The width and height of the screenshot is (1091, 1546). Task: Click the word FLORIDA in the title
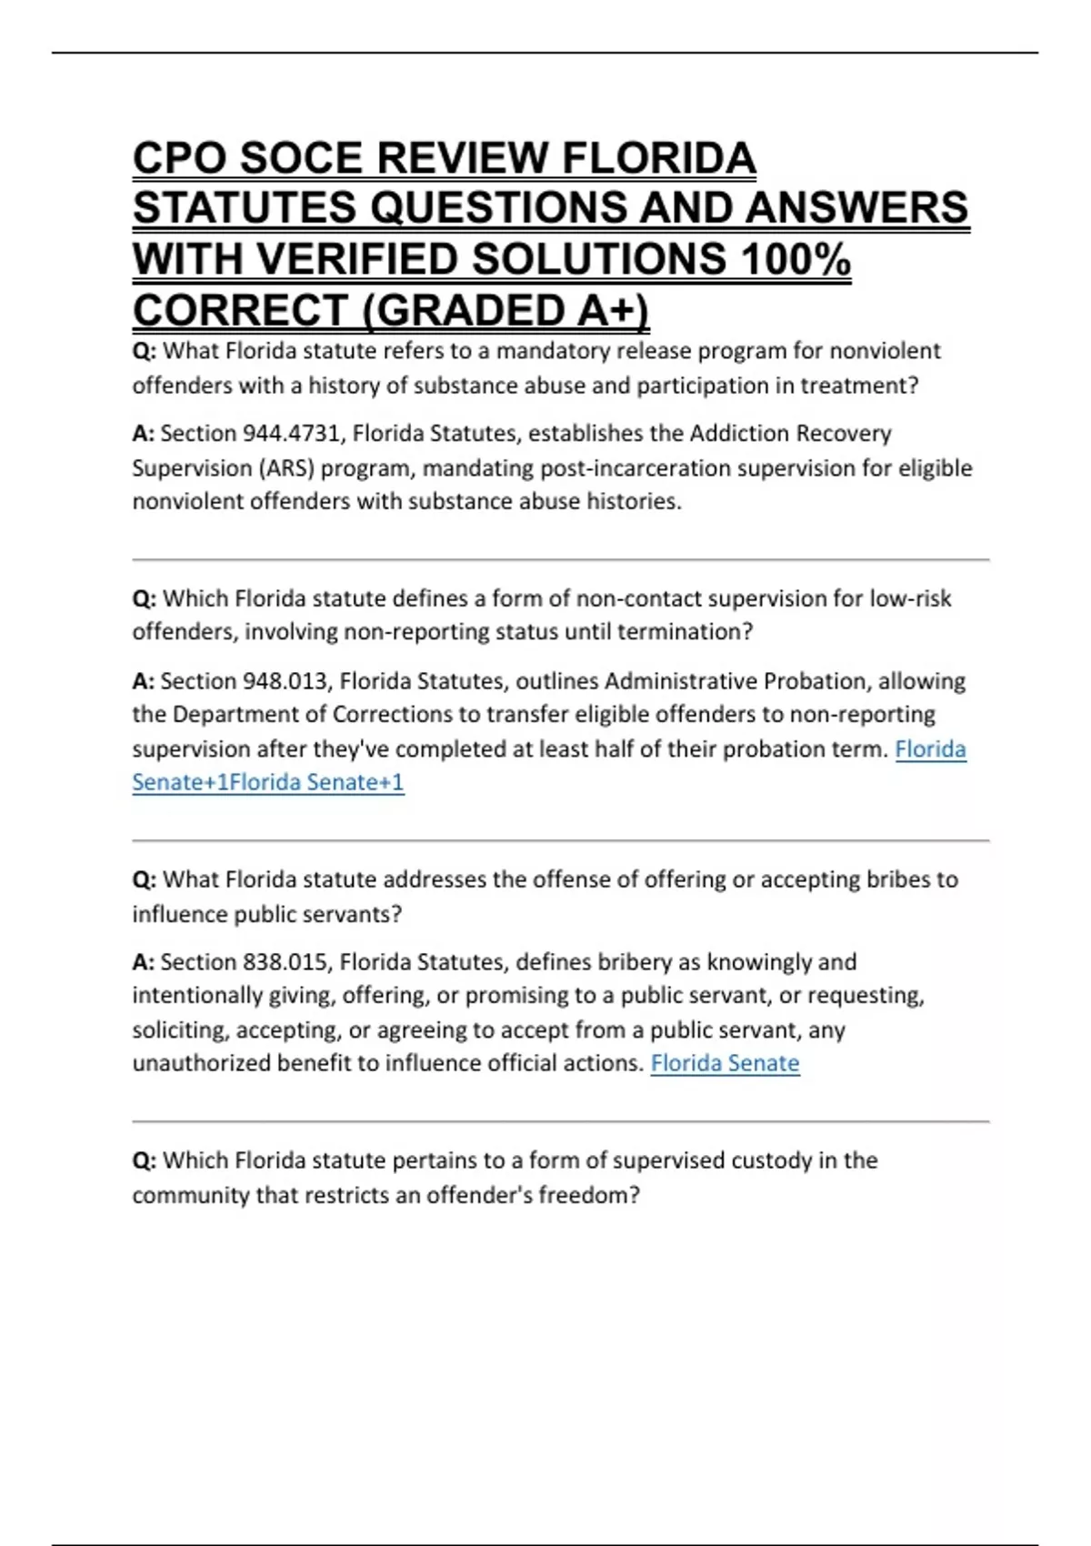coord(659,158)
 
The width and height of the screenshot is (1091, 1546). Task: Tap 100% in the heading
coord(796,259)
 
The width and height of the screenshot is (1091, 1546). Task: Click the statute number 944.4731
coord(290,434)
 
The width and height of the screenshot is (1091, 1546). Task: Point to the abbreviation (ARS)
coord(285,468)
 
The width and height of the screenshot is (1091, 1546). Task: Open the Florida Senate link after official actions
coord(725,1063)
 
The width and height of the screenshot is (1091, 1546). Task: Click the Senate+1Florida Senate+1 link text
coord(268,782)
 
